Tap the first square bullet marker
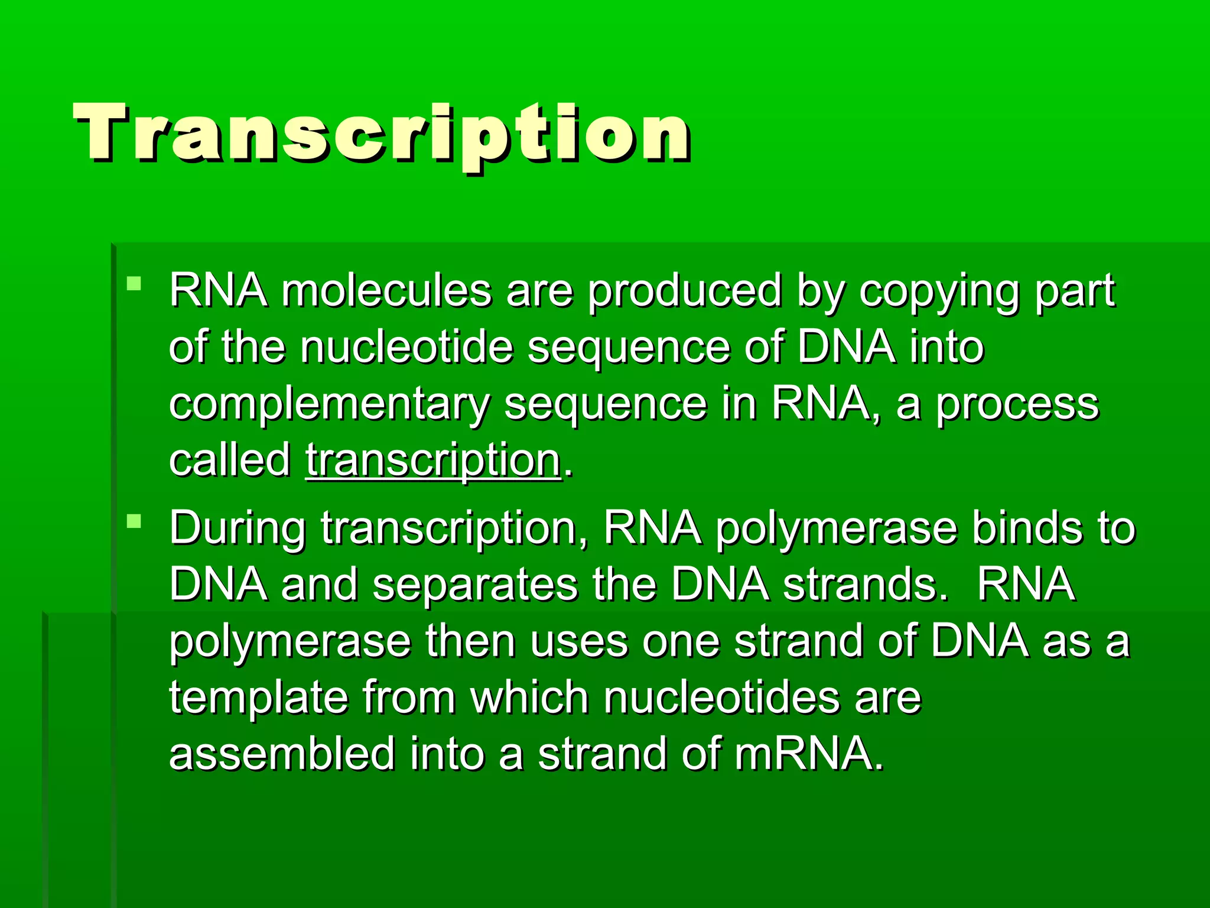coord(134,284)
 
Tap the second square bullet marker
coord(134,521)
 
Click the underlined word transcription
coord(433,461)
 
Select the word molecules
coord(386,291)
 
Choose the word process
coord(1017,406)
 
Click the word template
coord(258,698)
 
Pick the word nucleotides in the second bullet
coord(721,697)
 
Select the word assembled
coord(282,754)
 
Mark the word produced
coord(684,292)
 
